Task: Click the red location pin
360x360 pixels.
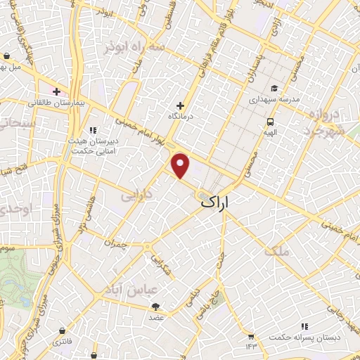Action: (181, 165)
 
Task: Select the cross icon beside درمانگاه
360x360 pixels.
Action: (181, 105)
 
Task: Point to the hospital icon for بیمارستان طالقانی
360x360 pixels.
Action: (57, 91)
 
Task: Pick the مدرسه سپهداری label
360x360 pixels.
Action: (275, 100)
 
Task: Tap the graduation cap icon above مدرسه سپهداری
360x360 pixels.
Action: (274, 89)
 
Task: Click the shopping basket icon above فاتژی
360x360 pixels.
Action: (64, 330)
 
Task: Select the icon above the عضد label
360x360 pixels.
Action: (155, 307)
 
